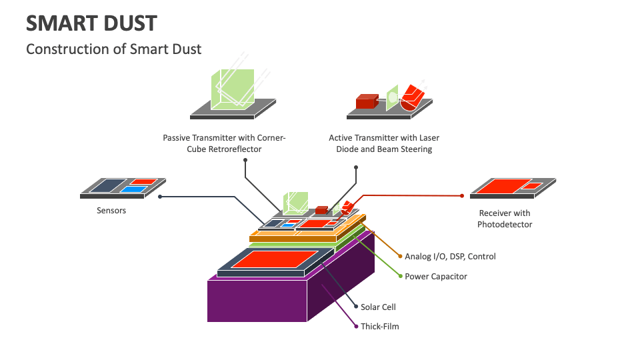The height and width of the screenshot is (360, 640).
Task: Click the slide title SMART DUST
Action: pyautogui.click(x=91, y=23)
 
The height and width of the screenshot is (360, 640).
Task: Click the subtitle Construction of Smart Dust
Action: pyautogui.click(x=113, y=49)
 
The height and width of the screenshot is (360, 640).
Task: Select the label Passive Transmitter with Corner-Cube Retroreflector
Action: pyautogui.click(x=224, y=143)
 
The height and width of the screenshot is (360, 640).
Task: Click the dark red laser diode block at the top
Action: pyautogui.click(x=366, y=101)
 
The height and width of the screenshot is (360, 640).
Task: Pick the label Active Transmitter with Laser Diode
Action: pyautogui.click(x=384, y=143)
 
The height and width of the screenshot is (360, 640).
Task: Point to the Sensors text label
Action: pyautogui.click(x=111, y=211)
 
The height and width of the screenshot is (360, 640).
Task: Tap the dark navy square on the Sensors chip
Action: pyautogui.click(x=106, y=186)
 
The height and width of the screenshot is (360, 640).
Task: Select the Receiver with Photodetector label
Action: pyautogui.click(x=505, y=219)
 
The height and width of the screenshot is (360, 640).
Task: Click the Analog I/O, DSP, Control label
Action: pyautogui.click(x=450, y=256)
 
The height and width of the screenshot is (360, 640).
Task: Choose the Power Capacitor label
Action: pyautogui.click(x=436, y=276)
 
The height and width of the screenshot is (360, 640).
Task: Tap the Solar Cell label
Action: pyautogui.click(x=379, y=307)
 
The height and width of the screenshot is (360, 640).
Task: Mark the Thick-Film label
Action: pyautogui.click(x=379, y=326)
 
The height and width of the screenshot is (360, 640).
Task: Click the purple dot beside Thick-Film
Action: pyautogui.click(x=355, y=326)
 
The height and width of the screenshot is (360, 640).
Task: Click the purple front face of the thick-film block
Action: pyautogui.click(x=257, y=300)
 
